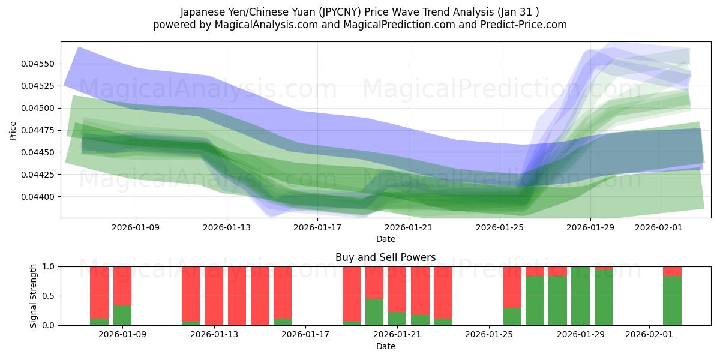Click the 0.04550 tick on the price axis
pyautogui.click(x=38, y=64)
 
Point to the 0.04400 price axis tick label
pyautogui.click(x=38, y=197)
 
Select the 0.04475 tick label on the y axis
pyautogui.click(x=38, y=130)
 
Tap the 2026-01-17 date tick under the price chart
pyautogui.click(x=317, y=227)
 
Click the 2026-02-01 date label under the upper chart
pyautogui.click(x=659, y=227)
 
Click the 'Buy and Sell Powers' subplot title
pyautogui.click(x=385, y=257)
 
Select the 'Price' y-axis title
pyautogui.click(x=13, y=130)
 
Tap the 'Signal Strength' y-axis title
pyautogui.click(x=34, y=296)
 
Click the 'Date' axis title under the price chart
pyautogui.click(x=385, y=239)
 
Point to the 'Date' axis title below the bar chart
pyautogui.click(x=385, y=346)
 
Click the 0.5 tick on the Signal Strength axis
pyautogui.click(x=49, y=296)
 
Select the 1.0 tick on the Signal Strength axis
pyautogui.click(x=49, y=266)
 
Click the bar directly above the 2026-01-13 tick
pyautogui.click(x=214, y=296)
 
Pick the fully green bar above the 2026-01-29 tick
pyautogui.click(x=580, y=296)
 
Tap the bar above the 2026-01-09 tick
pyautogui.click(x=122, y=296)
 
